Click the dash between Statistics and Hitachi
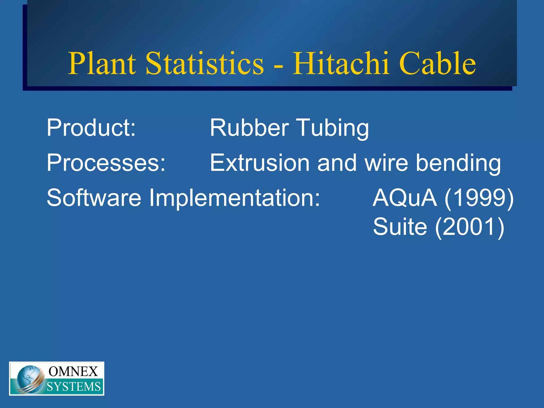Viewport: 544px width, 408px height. (278, 65)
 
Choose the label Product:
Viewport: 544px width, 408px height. (91, 128)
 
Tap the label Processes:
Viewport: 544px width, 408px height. (106, 163)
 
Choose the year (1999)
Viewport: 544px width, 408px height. (479, 198)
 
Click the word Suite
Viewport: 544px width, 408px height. (400, 226)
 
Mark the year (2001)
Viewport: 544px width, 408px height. (469, 227)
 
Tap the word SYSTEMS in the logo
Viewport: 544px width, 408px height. (74, 387)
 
